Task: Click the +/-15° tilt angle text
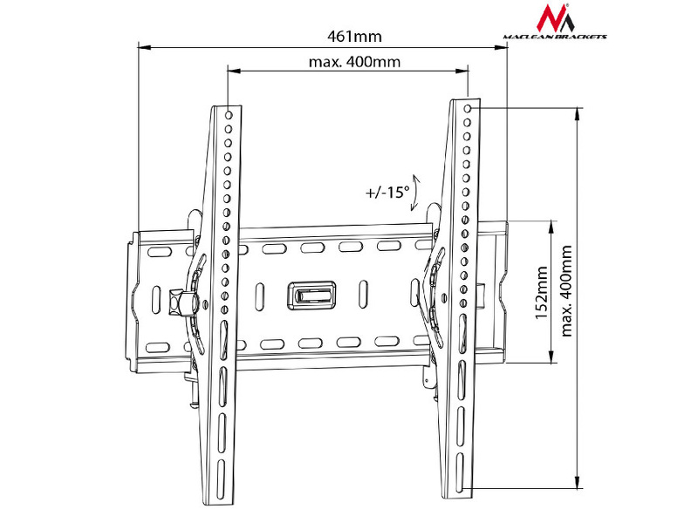387,192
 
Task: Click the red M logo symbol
553,18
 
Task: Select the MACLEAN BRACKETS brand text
556,37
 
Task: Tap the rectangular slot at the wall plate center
310,293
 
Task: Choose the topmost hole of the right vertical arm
469,108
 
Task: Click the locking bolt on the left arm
182,302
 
